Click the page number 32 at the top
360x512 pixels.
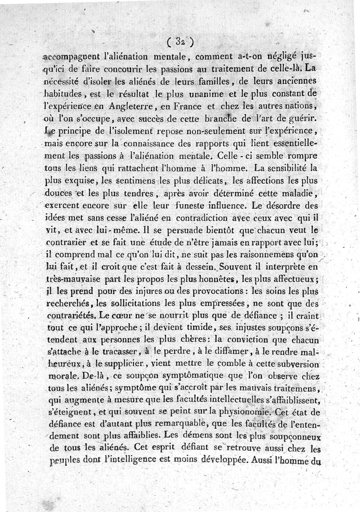[x=180, y=43]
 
